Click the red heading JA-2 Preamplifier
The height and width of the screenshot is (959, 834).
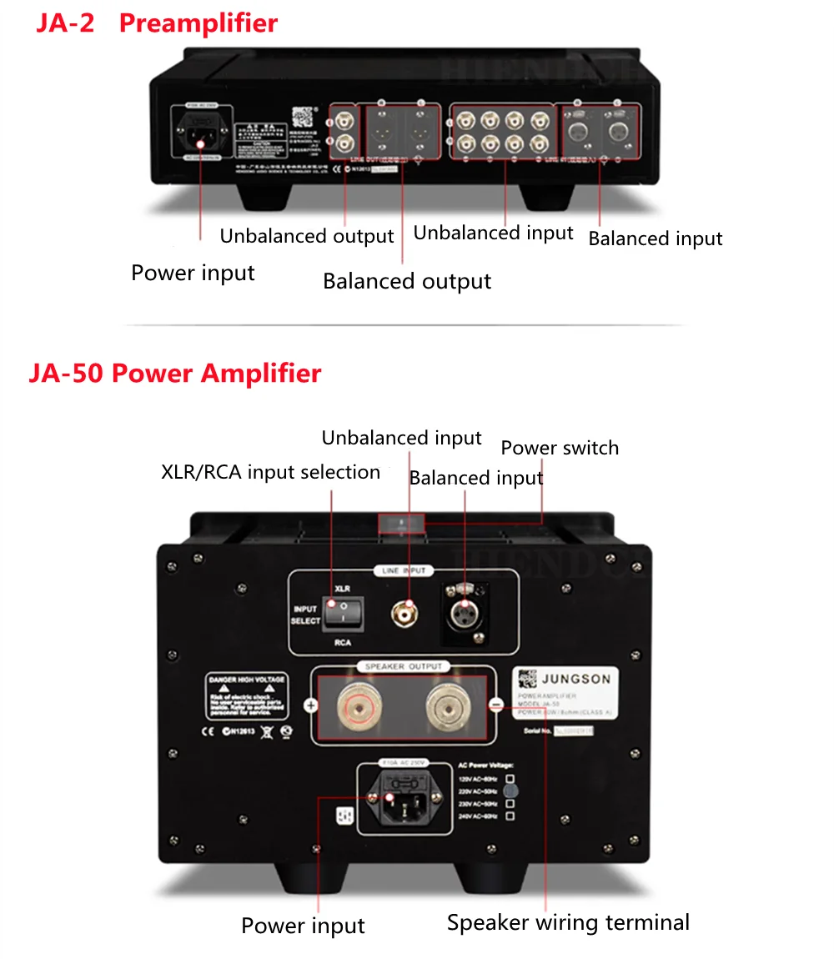156,23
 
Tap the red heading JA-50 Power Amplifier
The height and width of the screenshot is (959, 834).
174,372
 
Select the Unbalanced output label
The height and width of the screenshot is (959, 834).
306,236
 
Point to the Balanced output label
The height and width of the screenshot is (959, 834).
407,281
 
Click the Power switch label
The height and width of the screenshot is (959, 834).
560,448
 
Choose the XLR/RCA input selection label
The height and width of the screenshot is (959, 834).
270,472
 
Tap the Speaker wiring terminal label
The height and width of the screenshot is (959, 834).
568,922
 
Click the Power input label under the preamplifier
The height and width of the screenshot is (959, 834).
193,273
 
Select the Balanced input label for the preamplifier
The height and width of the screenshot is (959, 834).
655,238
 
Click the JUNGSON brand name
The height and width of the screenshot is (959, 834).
575,679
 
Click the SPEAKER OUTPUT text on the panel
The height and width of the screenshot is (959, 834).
404,666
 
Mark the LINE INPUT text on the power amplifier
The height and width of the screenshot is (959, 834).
404,571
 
